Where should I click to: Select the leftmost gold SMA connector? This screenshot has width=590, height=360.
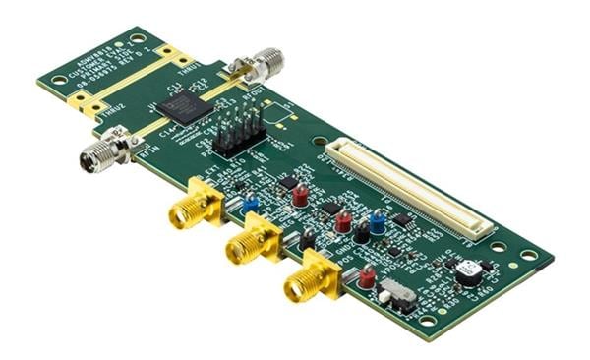coord(184,210)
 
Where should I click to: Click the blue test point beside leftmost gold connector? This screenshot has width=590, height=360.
coord(251,205)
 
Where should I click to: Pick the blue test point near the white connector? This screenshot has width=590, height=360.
coord(377,218)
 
